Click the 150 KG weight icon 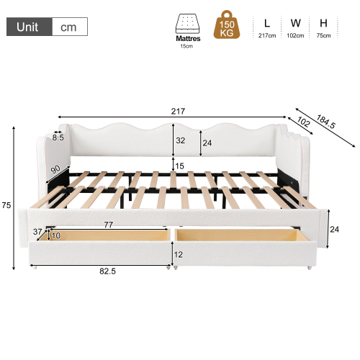(227, 24)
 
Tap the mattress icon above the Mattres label (188, 23)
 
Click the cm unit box (70, 27)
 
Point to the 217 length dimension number (178, 111)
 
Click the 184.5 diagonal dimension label (325, 122)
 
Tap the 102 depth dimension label (303, 122)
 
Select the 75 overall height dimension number (6, 205)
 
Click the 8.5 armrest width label (58, 138)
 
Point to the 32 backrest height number (181, 140)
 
